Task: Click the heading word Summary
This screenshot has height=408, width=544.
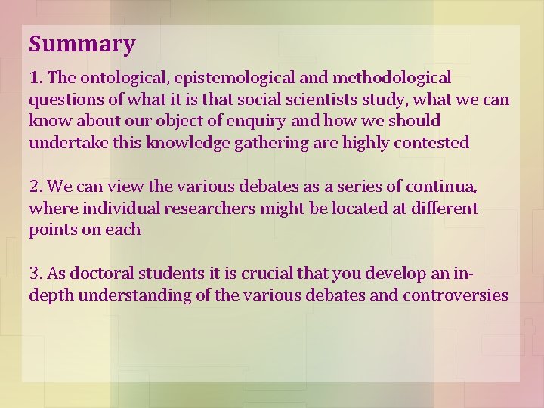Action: [x=82, y=44]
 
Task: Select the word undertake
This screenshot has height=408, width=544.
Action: [x=63, y=143]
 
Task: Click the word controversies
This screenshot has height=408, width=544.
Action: [x=456, y=295]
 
